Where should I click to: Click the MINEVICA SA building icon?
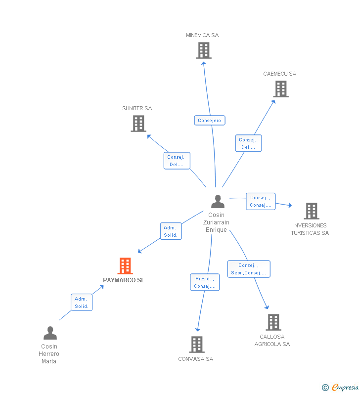point(203,50)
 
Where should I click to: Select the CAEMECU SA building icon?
point(280,89)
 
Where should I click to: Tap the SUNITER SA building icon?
point(138,124)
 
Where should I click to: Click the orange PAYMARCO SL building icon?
point(125,266)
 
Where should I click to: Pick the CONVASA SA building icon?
point(197,345)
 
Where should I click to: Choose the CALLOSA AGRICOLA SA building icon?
point(273,322)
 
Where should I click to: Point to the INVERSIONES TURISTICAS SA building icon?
point(311,211)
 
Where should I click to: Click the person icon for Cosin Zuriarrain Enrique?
point(218,201)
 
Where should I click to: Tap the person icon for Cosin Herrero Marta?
point(50,333)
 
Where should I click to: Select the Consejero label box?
point(210,120)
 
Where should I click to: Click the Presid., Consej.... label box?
point(204,282)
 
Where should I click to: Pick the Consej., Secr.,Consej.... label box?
point(249,269)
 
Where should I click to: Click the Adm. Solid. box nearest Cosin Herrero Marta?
point(82,303)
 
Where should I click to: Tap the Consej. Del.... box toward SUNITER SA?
point(177,161)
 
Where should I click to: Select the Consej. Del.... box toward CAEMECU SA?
point(248,143)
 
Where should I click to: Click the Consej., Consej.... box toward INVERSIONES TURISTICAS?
point(261,201)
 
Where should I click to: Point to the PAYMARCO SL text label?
point(124,280)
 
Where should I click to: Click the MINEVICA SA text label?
point(202,35)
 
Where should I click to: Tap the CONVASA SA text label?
point(196,359)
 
